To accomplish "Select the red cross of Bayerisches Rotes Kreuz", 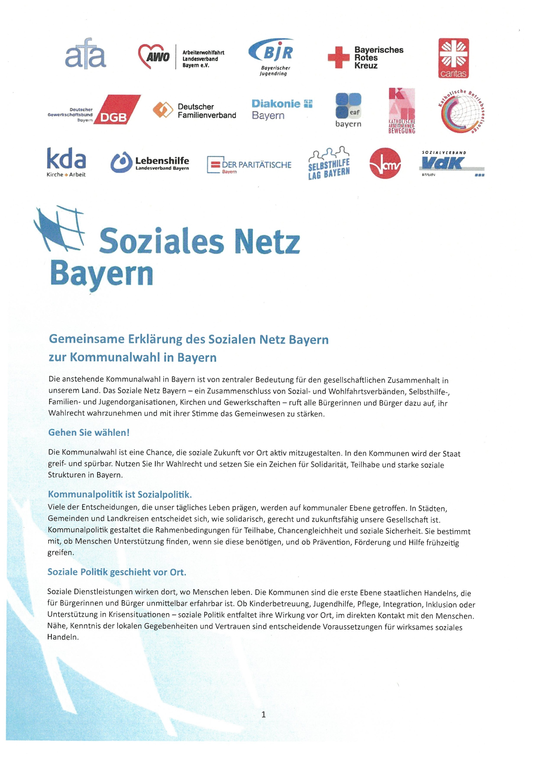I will pyautogui.click(x=338, y=57).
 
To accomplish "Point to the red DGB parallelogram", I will pyautogui.click(x=117, y=110).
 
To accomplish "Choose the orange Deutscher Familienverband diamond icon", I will pyautogui.click(x=163, y=110).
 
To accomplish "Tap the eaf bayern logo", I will pyautogui.click(x=348, y=110).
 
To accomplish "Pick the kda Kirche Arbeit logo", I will pyautogui.click(x=66, y=162).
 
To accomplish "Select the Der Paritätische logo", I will pyautogui.click(x=249, y=165).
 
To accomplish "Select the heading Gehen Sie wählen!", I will pyautogui.click(x=89, y=432).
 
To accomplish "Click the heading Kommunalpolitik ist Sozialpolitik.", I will pyautogui.click(x=120, y=495).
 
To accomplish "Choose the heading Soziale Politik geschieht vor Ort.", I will pyautogui.click(x=117, y=572).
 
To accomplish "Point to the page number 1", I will pyautogui.click(x=264, y=715).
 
